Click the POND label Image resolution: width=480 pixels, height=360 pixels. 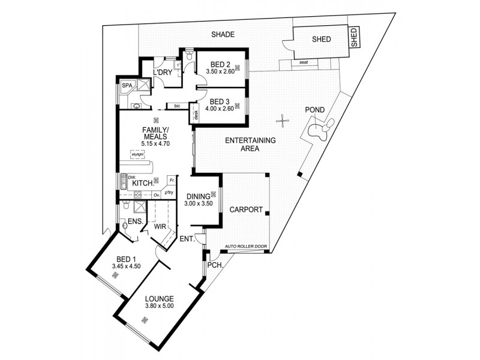tap(316, 110)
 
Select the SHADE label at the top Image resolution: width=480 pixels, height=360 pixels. tap(222, 35)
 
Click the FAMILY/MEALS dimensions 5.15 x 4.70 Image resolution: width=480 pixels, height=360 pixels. tap(155, 143)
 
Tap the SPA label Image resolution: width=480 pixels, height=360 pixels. tap(127, 86)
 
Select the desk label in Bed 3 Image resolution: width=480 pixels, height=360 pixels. tap(195, 115)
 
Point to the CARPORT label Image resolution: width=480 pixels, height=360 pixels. tap(246, 210)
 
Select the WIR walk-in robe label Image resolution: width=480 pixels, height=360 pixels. tap(160, 227)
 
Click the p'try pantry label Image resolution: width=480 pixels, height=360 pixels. tap(170, 193)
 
